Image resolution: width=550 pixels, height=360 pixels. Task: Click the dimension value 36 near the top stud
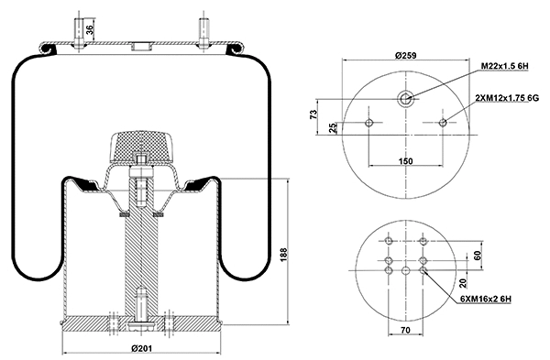point(89,27)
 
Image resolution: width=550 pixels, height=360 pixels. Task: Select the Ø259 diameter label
point(406,56)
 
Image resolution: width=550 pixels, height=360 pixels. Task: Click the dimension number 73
point(313,115)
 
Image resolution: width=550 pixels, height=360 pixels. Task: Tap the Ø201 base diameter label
point(141,349)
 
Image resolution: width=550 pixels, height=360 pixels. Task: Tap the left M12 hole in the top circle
point(368,123)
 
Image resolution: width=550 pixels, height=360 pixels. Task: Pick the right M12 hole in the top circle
point(444,123)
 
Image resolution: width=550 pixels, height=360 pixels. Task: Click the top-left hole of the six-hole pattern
point(389,242)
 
